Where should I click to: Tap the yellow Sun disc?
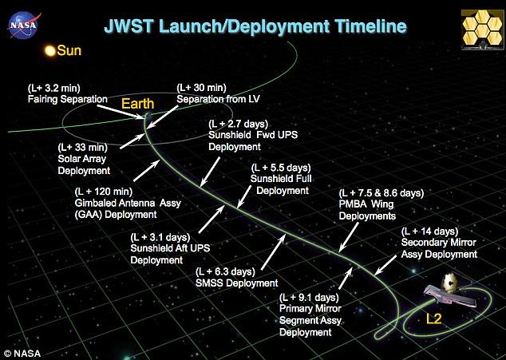click(50, 51)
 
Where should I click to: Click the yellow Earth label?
click(138, 104)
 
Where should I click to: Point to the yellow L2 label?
click(433, 319)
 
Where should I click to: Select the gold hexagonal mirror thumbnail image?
click(483, 30)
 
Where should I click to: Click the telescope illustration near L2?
click(452, 291)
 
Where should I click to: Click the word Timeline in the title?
click(370, 26)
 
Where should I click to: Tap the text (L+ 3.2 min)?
click(54, 88)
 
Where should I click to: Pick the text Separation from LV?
click(218, 99)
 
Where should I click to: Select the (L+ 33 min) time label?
click(83, 148)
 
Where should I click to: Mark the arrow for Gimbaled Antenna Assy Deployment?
click(147, 171)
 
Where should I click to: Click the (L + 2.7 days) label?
click(238, 124)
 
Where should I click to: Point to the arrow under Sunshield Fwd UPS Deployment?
click(210, 172)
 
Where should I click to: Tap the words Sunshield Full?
click(281, 179)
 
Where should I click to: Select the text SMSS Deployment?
click(237, 283)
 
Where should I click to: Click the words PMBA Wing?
click(366, 204)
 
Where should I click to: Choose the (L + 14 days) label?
click(430, 231)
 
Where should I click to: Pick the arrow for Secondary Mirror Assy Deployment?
click(385, 265)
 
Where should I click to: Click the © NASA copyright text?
click(22, 354)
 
